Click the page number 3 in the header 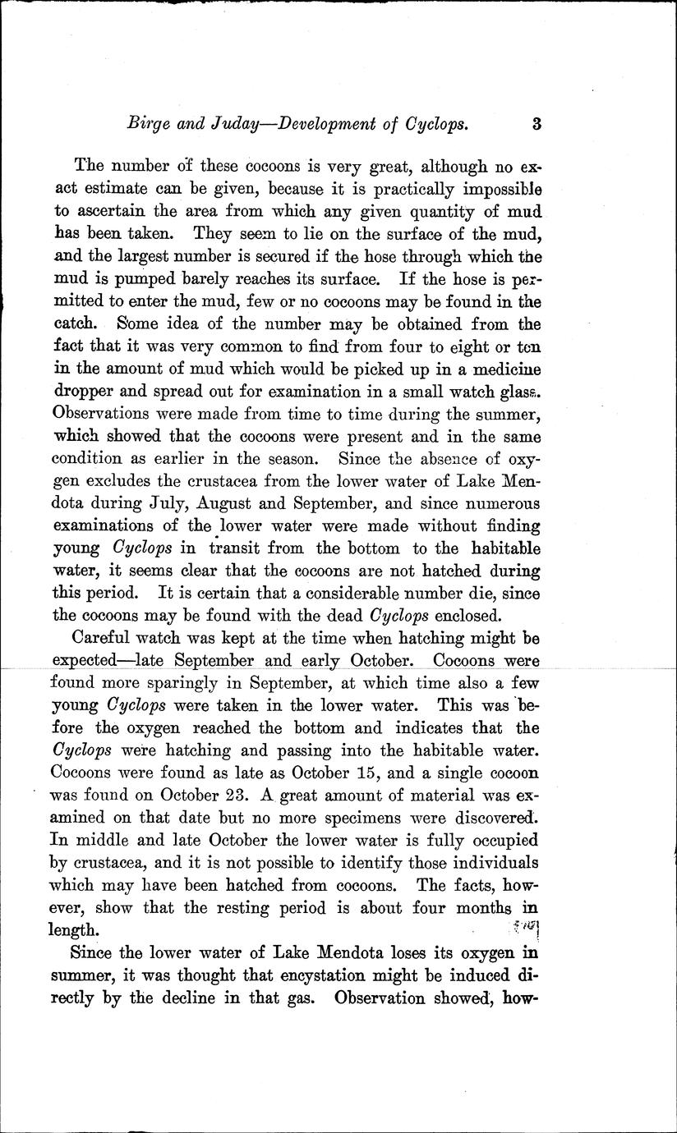tap(536, 126)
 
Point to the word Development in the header tap(329, 126)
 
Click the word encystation tap(349, 976)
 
